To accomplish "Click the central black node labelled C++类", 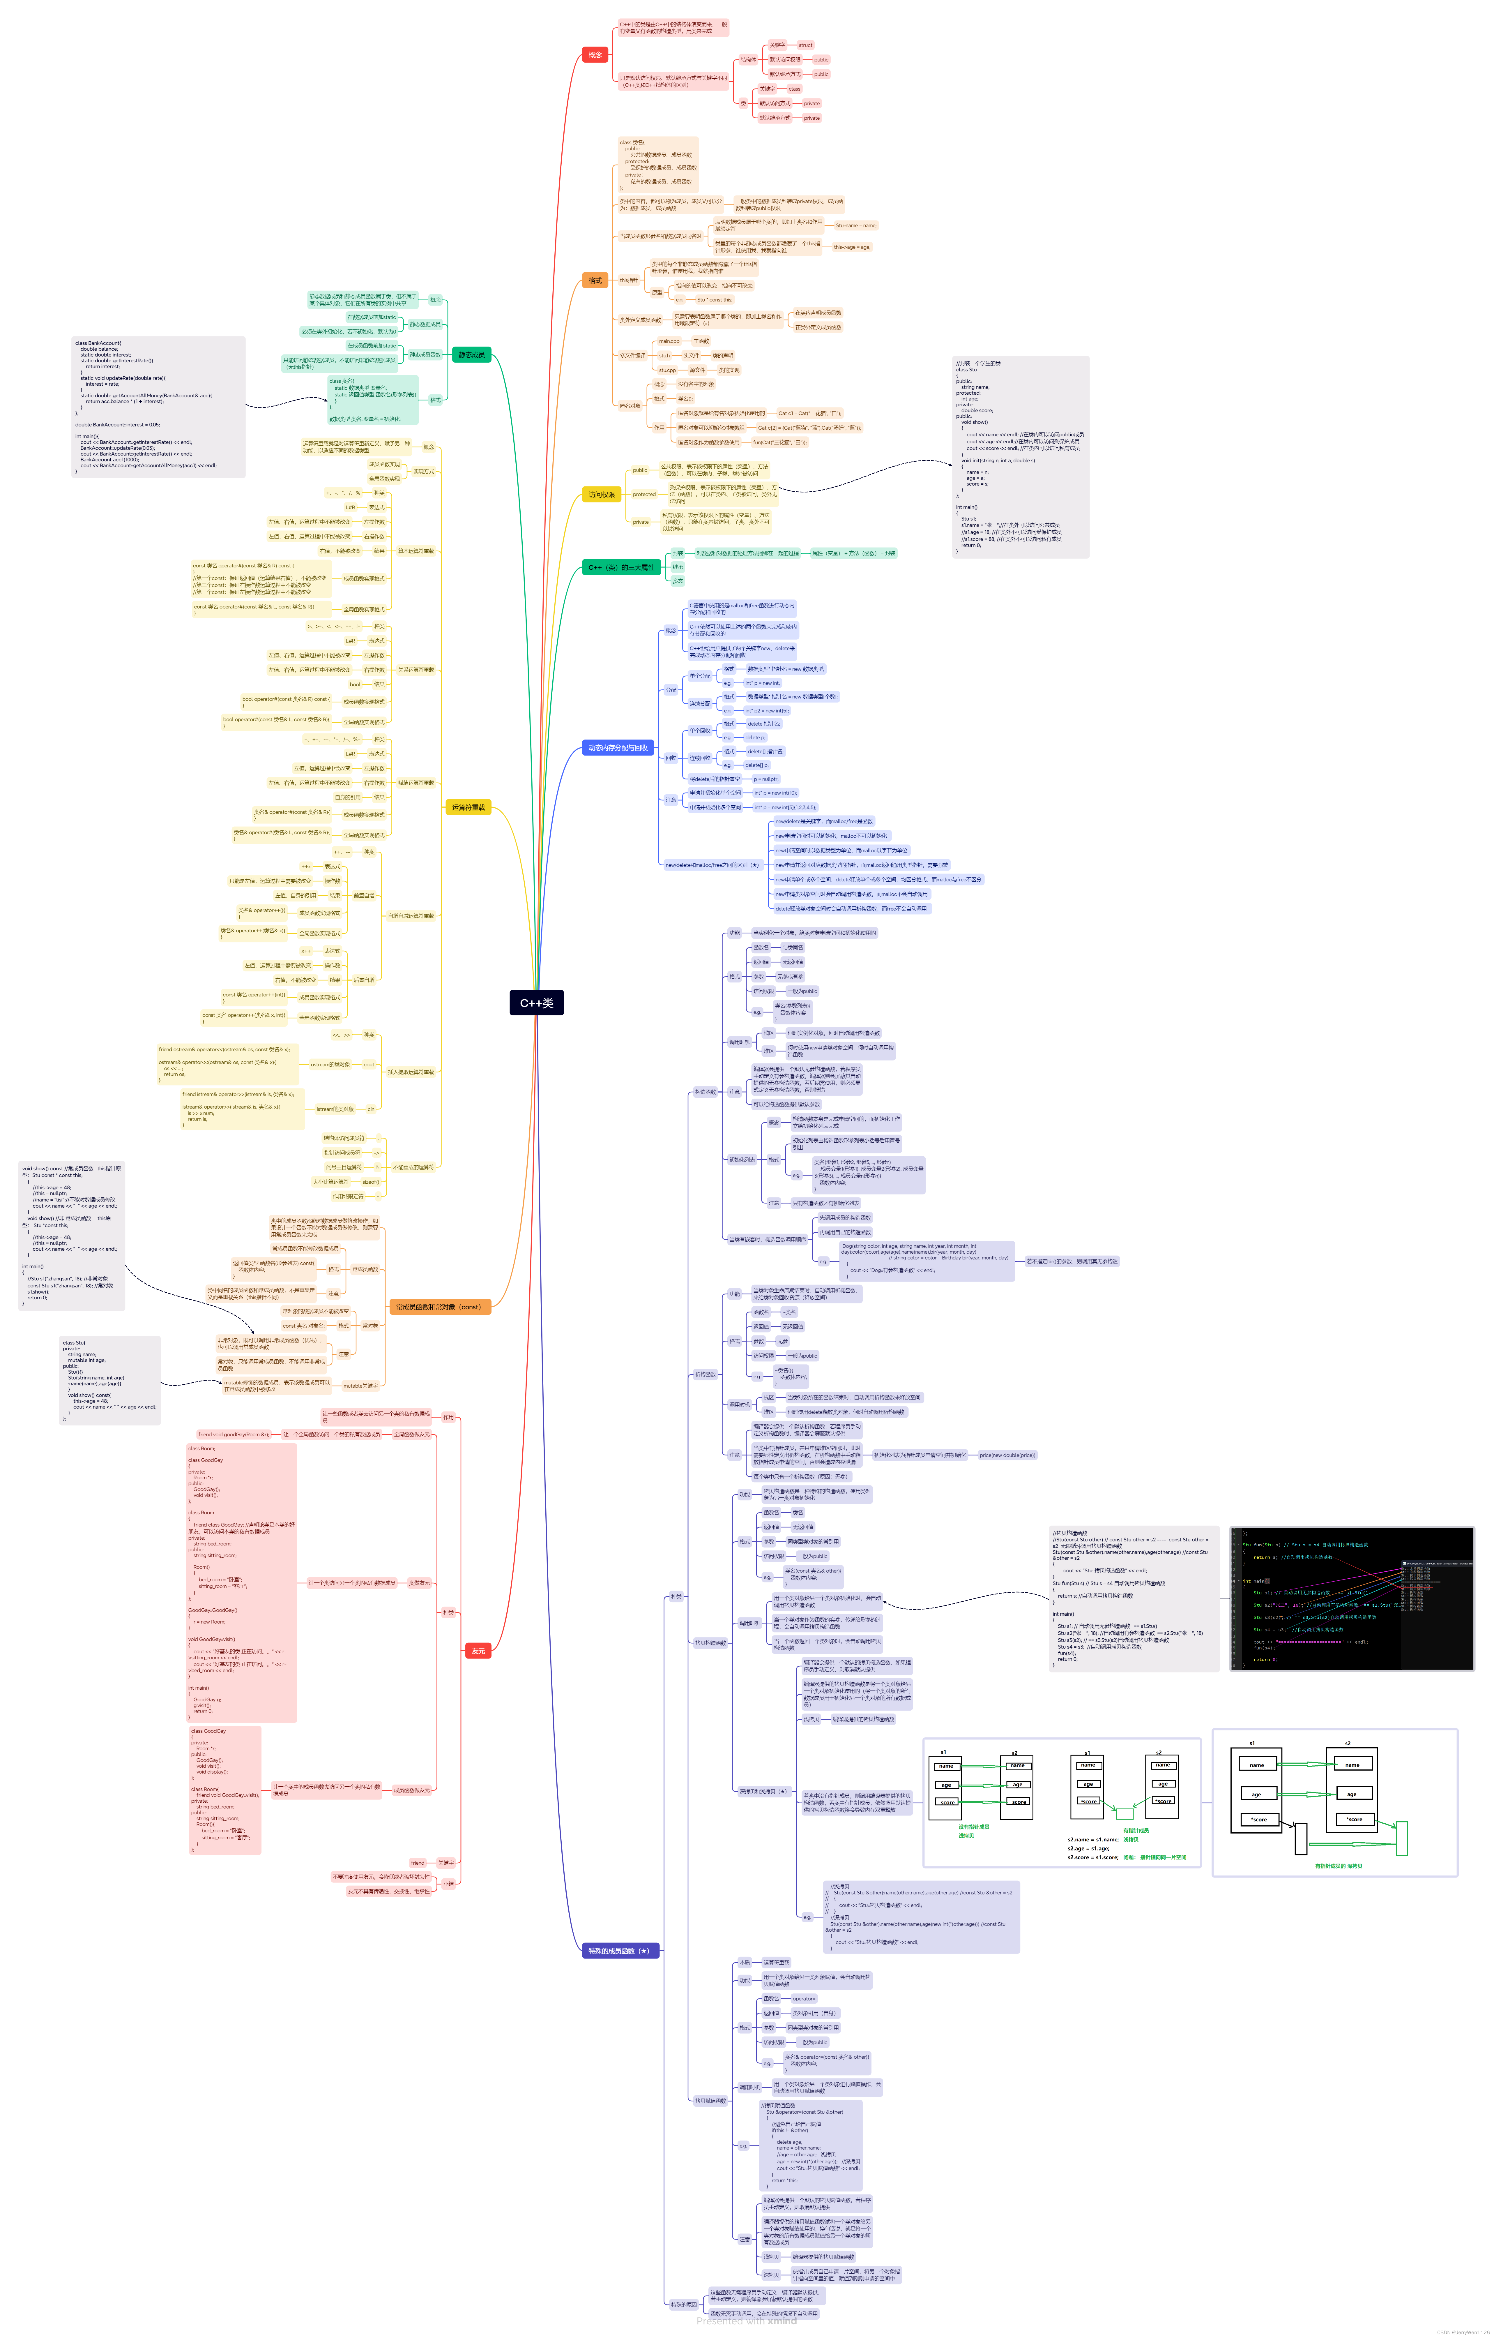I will (536, 1003).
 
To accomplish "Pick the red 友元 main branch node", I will (478, 1651).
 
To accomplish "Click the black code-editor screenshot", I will (1351, 1599).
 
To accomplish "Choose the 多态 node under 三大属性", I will (678, 580).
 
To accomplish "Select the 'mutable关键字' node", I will (360, 1386).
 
